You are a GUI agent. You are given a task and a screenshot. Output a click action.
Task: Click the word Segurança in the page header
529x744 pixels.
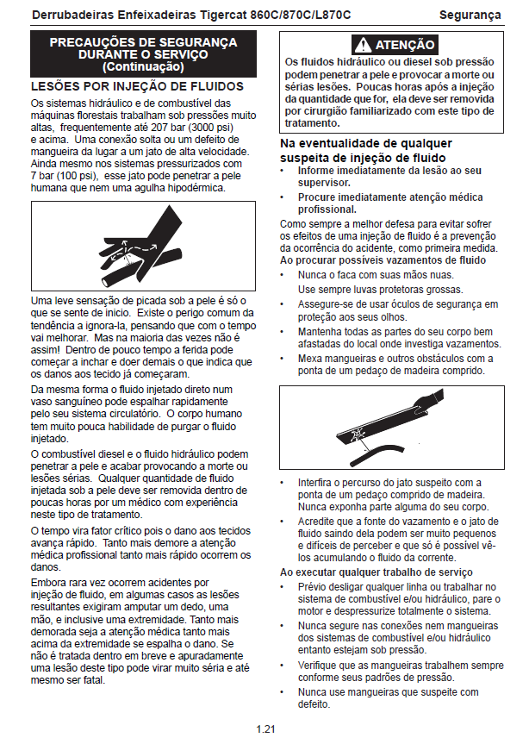coord(470,15)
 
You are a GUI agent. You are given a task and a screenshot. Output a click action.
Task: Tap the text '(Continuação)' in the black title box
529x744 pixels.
coord(143,66)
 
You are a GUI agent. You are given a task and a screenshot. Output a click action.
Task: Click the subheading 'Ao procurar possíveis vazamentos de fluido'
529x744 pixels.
coord(383,259)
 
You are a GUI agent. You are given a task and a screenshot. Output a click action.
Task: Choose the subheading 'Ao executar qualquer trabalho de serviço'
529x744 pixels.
coord(377,572)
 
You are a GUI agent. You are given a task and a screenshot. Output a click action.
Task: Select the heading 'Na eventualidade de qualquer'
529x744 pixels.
coord(366,143)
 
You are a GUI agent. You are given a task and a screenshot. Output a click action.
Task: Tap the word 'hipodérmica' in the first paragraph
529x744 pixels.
coord(192,188)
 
